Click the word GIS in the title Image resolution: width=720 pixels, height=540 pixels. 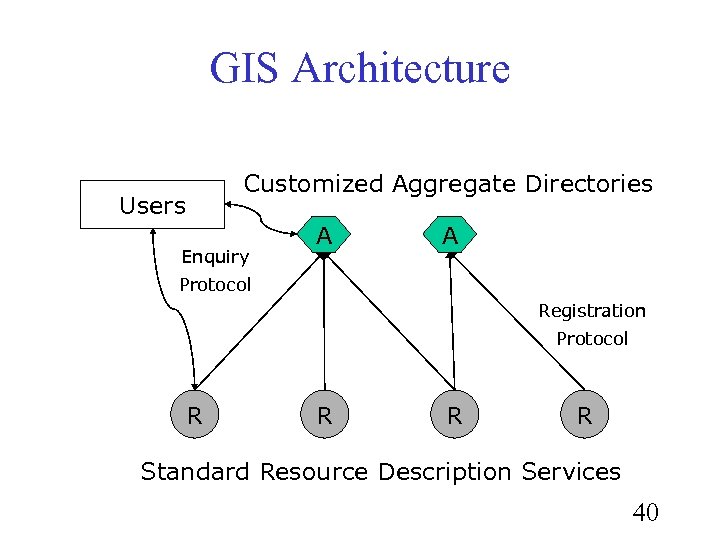point(246,69)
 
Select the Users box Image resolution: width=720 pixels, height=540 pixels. point(152,205)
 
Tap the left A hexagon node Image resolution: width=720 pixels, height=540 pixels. point(323,236)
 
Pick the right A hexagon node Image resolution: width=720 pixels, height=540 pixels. point(450,236)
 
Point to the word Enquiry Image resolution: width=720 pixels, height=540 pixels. point(215,258)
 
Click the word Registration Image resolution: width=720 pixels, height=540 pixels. point(592,311)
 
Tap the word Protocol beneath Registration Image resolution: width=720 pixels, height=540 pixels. point(592,339)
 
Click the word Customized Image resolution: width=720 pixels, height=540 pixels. point(314,184)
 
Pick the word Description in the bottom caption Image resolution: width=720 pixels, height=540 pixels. point(444,472)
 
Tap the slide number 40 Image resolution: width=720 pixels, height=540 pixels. point(645,513)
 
